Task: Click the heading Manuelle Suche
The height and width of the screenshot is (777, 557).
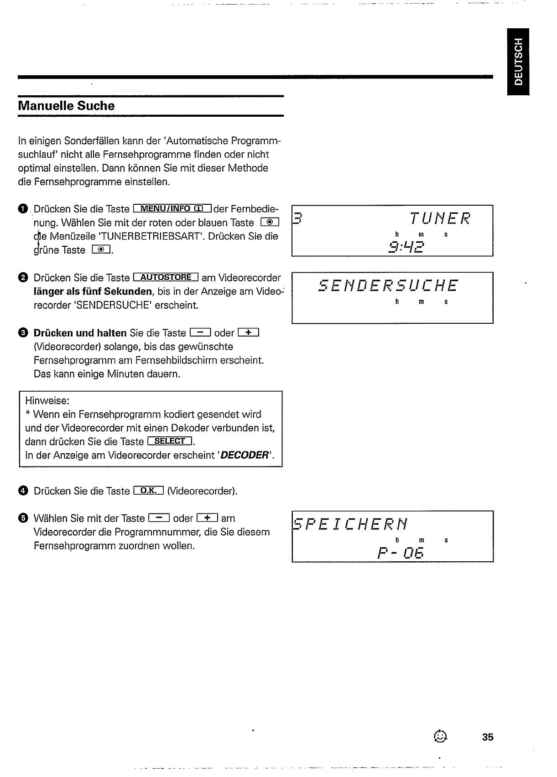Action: click(66, 106)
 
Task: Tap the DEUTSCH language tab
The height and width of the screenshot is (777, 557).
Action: click(519, 62)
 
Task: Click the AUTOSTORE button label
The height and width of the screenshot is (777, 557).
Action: click(166, 278)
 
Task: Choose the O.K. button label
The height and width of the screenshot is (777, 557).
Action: click(148, 491)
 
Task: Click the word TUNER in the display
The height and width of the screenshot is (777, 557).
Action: click(440, 219)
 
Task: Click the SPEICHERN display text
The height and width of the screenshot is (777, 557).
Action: click(350, 524)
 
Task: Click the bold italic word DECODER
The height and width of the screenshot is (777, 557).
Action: click(245, 456)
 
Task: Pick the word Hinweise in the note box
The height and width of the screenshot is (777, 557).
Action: click(47, 401)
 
